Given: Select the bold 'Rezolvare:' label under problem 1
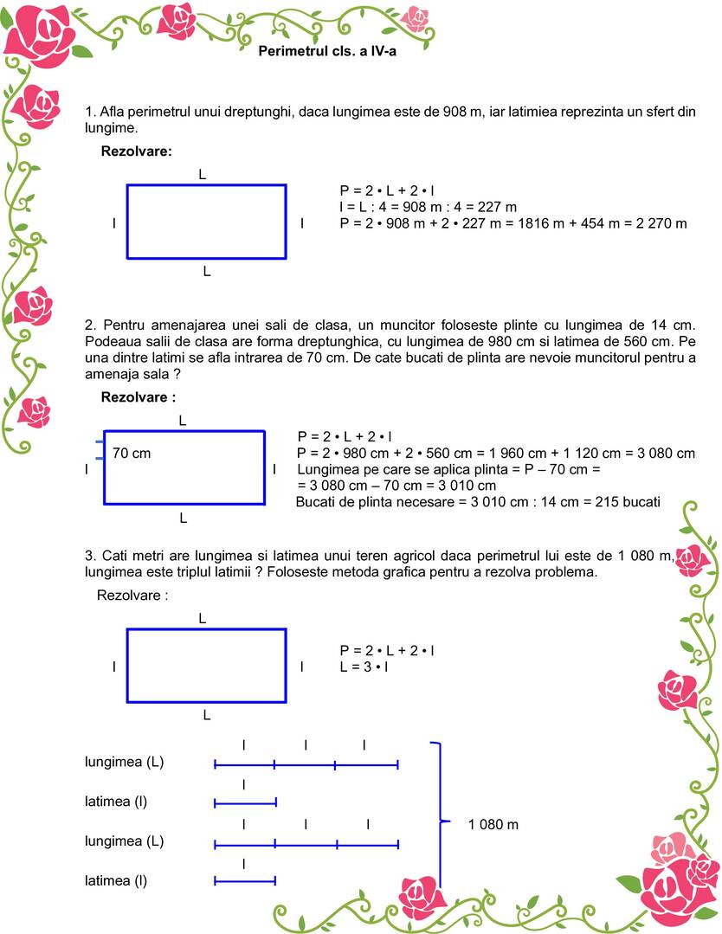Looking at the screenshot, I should click(x=137, y=151).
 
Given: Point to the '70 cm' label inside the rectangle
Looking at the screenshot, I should click(x=132, y=453).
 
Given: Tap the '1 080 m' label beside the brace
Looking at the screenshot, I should click(x=493, y=824).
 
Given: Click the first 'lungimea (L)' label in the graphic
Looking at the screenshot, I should click(x=124, y=762).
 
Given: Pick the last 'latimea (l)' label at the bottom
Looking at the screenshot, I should click(x=116, y=880).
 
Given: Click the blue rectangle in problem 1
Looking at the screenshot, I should click(x=206, y=222).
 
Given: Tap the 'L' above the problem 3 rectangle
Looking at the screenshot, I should click(x=202, y=619).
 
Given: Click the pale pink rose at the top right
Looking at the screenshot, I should click(x=416, y=17).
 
